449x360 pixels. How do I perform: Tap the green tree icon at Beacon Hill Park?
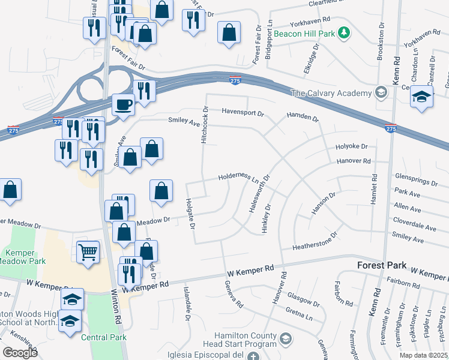coord(345,32)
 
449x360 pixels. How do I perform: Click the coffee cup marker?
coord(124,104)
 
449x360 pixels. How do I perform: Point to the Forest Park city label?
coord(382,265)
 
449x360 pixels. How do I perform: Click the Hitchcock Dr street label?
coord(205,125)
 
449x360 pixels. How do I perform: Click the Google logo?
coord(19,353)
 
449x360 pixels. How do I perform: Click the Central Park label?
coord(107,337)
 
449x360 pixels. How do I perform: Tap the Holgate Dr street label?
coord(190,214)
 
